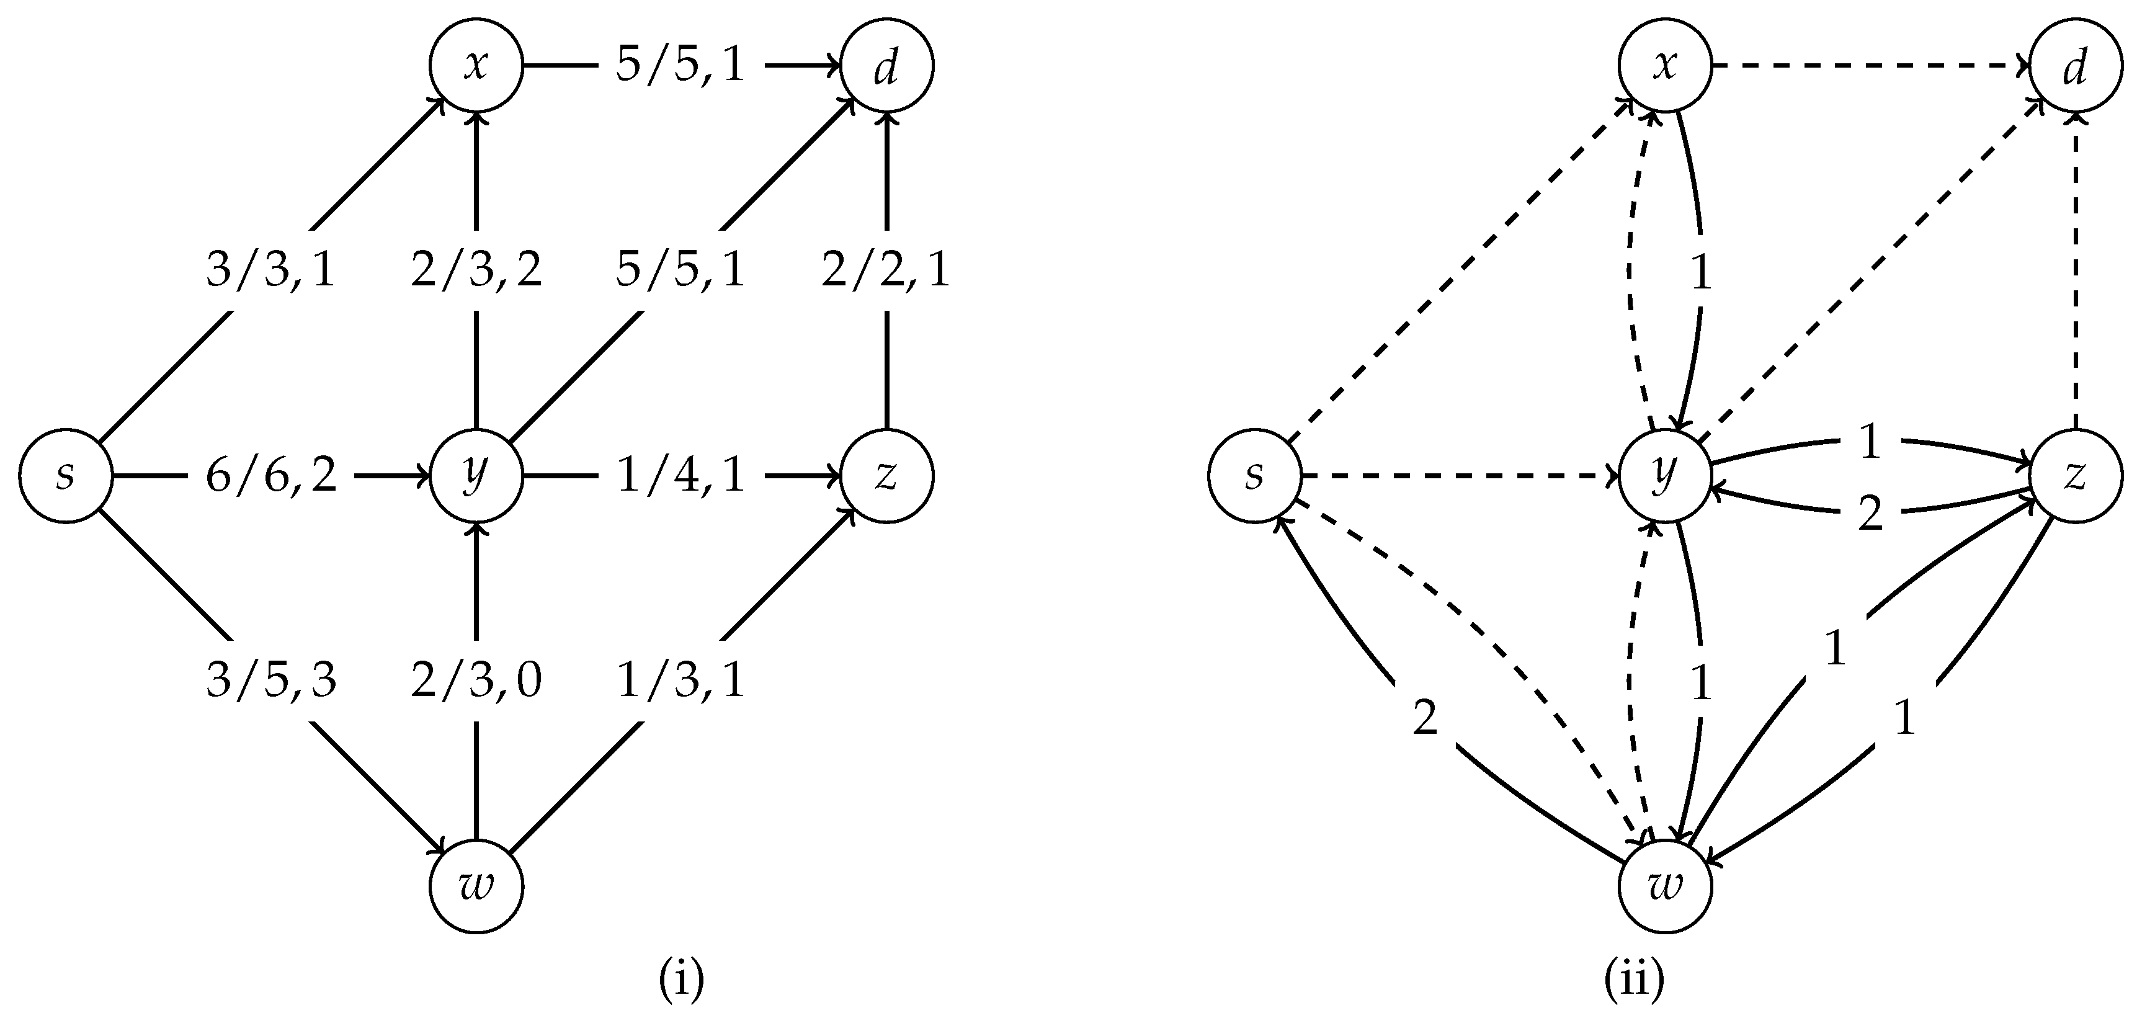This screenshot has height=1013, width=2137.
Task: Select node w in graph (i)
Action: point(476,886)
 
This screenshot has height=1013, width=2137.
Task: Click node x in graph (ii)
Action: point(1665,66)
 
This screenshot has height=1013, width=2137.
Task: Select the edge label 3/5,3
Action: point(271,681)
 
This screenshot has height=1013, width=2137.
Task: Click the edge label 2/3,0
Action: point(476,681)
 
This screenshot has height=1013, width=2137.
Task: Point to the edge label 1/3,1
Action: point(681,681)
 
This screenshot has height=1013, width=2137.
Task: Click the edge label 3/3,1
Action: point(271,270)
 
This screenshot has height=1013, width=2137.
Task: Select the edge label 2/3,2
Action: point(476,270)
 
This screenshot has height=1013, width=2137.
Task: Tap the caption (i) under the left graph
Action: point(681,980)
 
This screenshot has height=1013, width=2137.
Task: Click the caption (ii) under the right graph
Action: point(1633,980)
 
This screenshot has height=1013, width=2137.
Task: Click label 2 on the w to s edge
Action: point(1424,718)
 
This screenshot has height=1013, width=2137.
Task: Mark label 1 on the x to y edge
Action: point(1702,272)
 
